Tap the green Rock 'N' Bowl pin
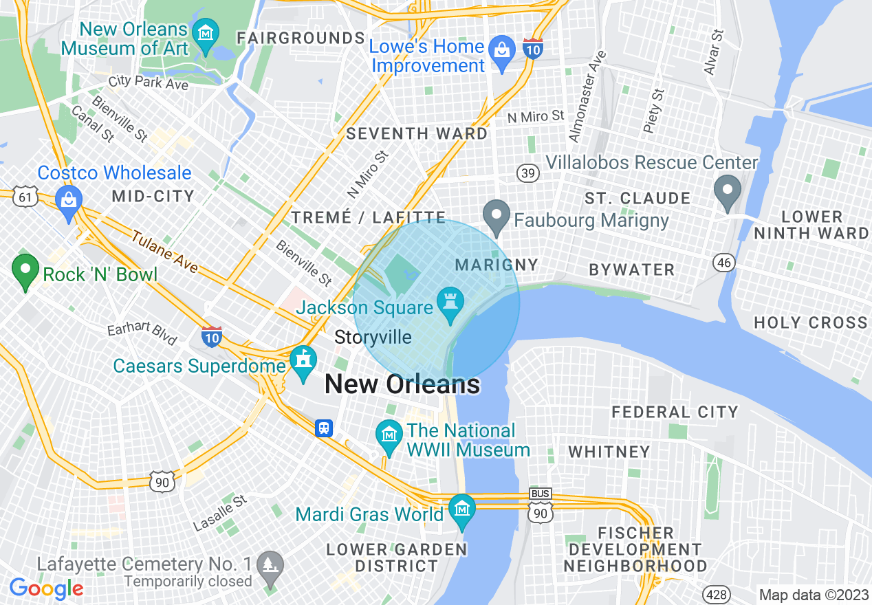(x=25, y=271)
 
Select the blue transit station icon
(x=324, y=428)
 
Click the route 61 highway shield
(x=25, y=197)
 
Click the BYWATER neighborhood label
(x=631, y=269)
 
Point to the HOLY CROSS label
(x=810, y=322)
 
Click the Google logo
(x=46, y=588)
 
